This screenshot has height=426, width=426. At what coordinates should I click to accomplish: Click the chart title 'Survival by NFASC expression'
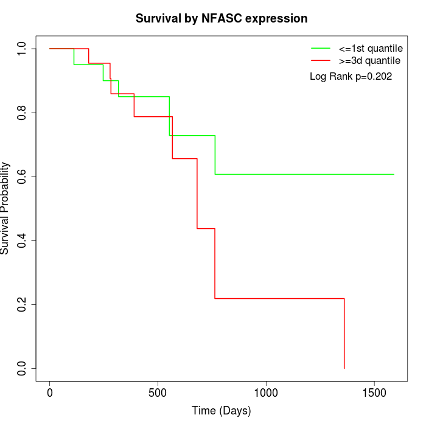[222, 18]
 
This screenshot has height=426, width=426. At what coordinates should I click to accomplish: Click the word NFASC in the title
[222, 18]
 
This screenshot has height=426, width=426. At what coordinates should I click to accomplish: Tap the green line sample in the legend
[321, 48]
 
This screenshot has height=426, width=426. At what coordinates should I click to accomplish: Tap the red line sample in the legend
[321, 61]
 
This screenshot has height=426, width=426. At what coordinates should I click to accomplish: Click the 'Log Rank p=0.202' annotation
[351, 77]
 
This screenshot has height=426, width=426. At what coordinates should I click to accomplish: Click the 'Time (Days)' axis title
[222, 411]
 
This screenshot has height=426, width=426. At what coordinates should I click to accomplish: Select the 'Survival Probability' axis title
[6, 208]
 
